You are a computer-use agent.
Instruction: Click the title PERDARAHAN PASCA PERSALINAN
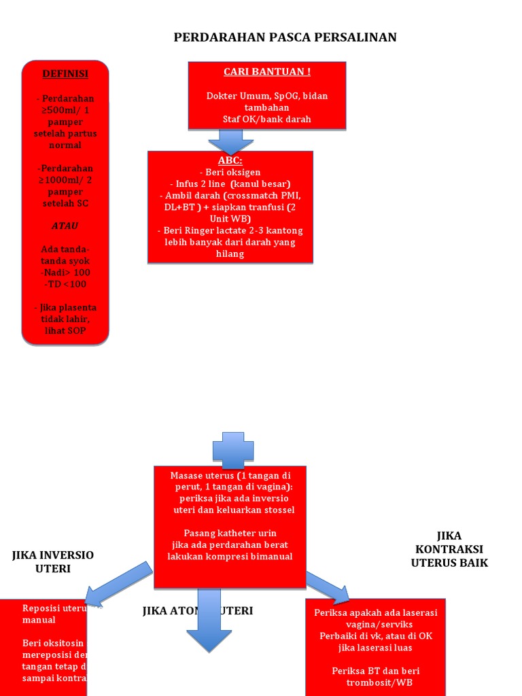[285, 37]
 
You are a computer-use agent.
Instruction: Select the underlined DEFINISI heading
[65, 73]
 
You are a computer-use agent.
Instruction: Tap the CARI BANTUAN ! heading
[267, 72]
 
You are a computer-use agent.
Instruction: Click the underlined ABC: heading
[230, 160]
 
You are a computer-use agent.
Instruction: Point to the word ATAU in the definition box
[65, 226]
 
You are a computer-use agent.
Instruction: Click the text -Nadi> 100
[65, 272]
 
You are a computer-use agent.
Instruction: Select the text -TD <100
[65, 284]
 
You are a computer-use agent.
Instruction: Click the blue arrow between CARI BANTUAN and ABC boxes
[230, 141]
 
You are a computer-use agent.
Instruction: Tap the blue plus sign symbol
[233, 450]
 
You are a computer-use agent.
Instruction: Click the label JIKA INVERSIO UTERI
[53, 562]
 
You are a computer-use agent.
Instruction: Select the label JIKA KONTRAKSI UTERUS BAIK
[449, 549]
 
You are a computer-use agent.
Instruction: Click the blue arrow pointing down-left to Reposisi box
[120, 583]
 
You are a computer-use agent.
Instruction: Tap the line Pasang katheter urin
[230, 533]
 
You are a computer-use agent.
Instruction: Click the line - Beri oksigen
[230, 173]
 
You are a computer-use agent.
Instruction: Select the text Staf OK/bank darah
[267, 119]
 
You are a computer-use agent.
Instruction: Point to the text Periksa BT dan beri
[375, 671]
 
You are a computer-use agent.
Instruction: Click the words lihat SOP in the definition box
[65, 330]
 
